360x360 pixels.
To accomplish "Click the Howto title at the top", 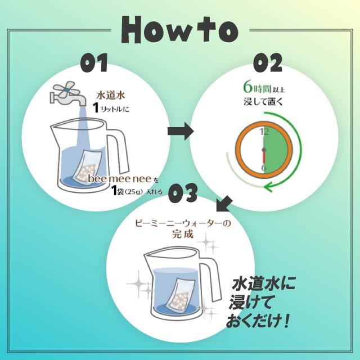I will (x=179, y=30).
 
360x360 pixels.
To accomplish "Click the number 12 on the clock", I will (x=263, y=132).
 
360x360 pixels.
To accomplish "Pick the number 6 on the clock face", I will (x=263, y=168).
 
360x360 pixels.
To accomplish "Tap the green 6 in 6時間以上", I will (x=247, y=87).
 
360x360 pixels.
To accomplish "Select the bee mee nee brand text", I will (x=115, y=179).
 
